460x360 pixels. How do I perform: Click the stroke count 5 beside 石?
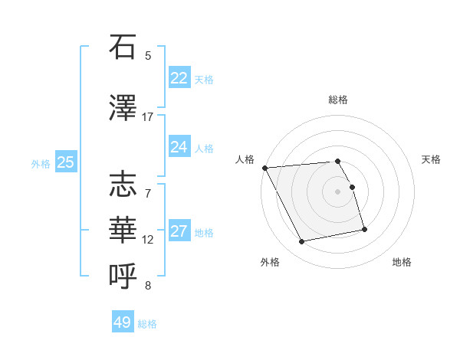click(x=148, y=55)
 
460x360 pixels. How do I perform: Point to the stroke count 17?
click(x=148, y=117)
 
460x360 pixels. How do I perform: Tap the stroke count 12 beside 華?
click(x=148, y=239)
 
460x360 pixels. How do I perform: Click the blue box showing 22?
click(x=179, y=77)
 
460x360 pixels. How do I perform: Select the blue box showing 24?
click(x=179, y=146)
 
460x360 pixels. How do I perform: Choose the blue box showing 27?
click(x=179, y=231)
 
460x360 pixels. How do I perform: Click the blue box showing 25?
click(x=65, y=162)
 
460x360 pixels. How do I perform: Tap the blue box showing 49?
click(x=122, y=322)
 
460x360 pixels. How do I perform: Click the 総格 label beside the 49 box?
click(x=147, y=324)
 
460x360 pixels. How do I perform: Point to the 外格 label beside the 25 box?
click(x=41, y=163)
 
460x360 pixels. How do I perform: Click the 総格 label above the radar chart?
click(x=338, y=100)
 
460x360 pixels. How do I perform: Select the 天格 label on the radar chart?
click(x=432, y=159)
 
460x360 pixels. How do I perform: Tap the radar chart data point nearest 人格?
click(x=264, y=168)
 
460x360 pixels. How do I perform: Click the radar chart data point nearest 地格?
click(x=364, y=229)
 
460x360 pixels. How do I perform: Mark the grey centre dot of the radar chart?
click(x=338, y=191)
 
